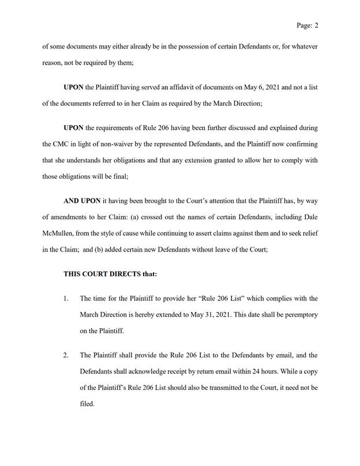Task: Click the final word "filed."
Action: [x=86, y=404]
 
